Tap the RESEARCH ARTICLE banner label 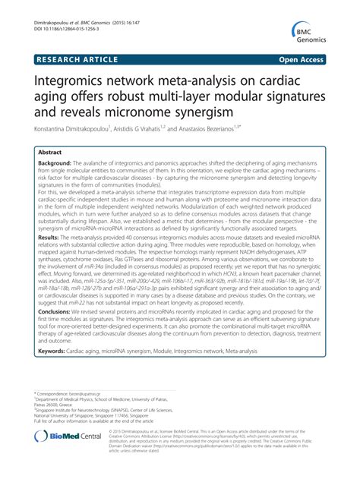(70, 58)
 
